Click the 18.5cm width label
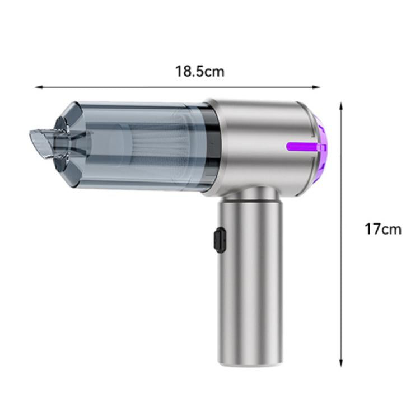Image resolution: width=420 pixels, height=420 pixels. pyautogui.click(x=199, y=72)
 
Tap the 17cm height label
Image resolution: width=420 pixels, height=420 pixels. pyautogui.click(x=383, y=229)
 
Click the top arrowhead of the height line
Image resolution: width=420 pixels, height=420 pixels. pyautogui.click(x=342, y=105)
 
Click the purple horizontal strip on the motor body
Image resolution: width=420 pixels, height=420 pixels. pyautogui.click(x=306, y=147)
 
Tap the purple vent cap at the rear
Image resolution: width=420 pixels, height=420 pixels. pyautogui.click(x=323, y=147)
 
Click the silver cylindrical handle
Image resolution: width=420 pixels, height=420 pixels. pyautogui.click(x=250, y=280)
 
